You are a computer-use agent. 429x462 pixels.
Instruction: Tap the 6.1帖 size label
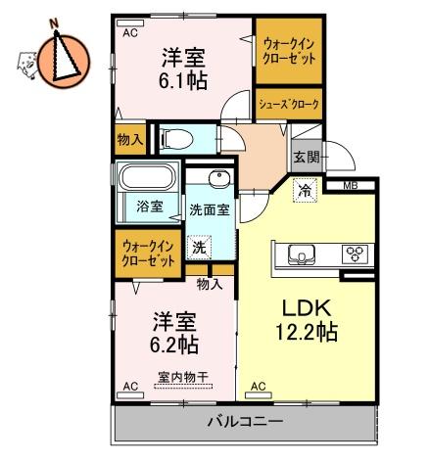tap(183, 82)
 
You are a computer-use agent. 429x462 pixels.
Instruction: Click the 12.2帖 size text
tap(306, 332)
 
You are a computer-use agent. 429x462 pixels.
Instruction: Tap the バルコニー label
tap(244, 422)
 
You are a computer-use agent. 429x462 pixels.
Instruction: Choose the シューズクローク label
tap(288, 102)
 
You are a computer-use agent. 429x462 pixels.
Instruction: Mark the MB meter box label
tap(350, 185)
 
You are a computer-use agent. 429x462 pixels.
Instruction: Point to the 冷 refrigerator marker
tap(307, 192)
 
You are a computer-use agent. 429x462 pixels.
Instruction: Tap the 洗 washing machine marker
tap(199, 249)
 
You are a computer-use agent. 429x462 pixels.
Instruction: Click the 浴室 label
tap(149, 207)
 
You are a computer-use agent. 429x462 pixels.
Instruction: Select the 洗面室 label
tap(210, 209)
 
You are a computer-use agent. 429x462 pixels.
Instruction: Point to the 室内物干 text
tap(182, 376)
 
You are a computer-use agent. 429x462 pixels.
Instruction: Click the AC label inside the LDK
tap(259, 387)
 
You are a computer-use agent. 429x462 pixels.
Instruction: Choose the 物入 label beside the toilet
tap(129, 140)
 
